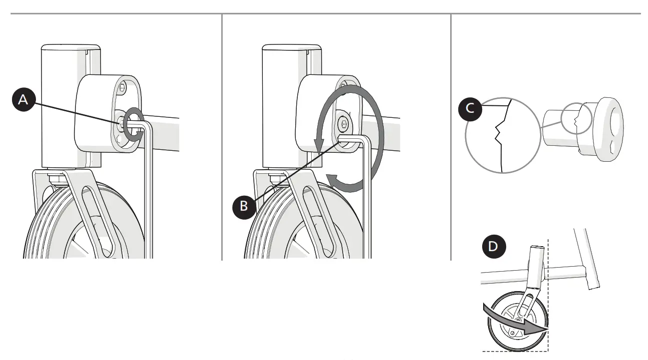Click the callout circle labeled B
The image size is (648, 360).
click(243, 205)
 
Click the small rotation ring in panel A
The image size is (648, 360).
click(133, 124)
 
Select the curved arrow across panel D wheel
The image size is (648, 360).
click(515, 322)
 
